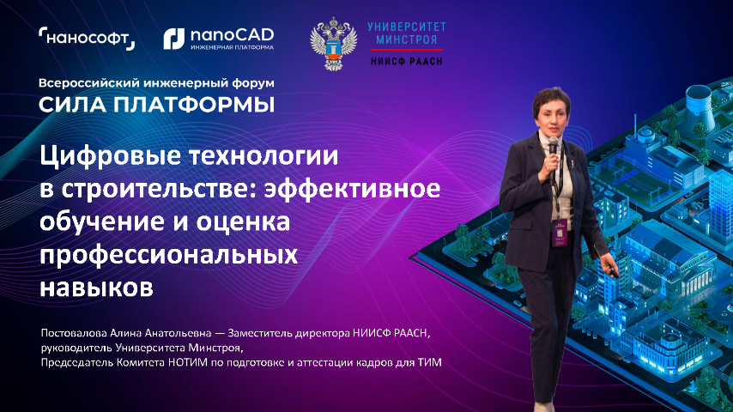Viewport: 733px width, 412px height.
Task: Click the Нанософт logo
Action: (87, 39)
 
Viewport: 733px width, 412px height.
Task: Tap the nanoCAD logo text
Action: (232, 35)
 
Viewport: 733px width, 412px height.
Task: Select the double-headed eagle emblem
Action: (333, 44)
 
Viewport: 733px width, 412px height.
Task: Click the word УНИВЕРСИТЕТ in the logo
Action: (406, 27)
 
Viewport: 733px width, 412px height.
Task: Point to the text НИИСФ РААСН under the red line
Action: (406, 61)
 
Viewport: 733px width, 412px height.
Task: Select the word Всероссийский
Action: (88, 83)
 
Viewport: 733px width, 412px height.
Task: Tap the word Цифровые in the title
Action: (110, 156)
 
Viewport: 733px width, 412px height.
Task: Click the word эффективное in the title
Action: (352, 189)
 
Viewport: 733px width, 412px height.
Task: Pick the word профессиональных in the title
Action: (169, 256)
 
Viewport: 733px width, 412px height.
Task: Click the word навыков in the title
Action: (96, 288)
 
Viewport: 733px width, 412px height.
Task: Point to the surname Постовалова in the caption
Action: (74, 333)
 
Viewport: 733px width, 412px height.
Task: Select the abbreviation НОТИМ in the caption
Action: (189, 362)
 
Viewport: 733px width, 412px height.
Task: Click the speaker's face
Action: (553, 117)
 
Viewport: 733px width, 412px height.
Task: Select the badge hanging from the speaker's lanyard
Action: (560, 233)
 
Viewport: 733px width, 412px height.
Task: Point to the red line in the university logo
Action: (406, 49)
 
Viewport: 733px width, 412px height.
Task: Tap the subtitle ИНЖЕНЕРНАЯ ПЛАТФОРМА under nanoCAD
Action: (232, 47)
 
